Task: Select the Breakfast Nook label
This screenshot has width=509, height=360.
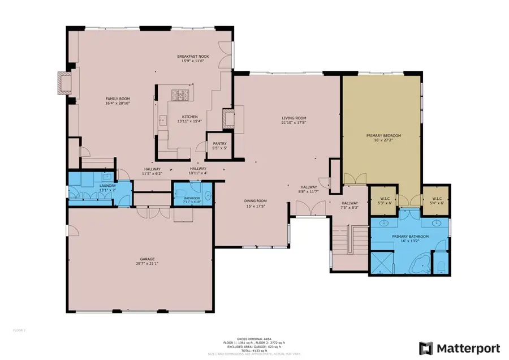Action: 190,58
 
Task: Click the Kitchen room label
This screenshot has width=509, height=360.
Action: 189,118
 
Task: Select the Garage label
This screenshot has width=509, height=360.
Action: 141,261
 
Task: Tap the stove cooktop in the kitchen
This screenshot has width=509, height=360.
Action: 181,94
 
